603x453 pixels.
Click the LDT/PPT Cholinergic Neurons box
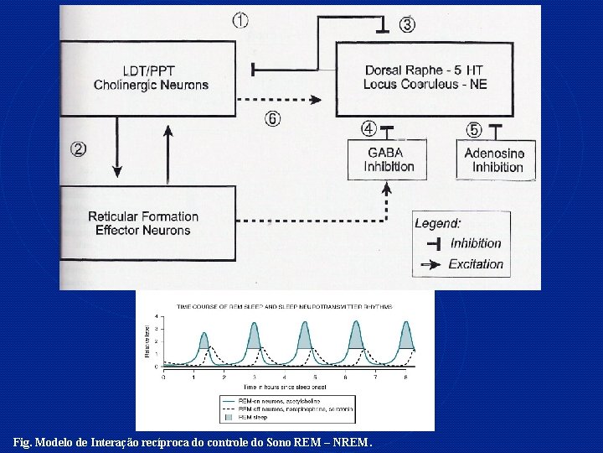151,77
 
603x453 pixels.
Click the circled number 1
240,21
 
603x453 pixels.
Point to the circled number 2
78,149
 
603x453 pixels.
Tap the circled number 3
407,25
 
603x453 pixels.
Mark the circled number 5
474,129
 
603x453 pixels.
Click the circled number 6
272,119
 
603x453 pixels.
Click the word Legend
438,223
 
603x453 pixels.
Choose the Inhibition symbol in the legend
433,243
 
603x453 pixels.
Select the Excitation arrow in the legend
431,264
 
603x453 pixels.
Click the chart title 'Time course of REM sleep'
284,306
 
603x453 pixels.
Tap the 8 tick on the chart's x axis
405,377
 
